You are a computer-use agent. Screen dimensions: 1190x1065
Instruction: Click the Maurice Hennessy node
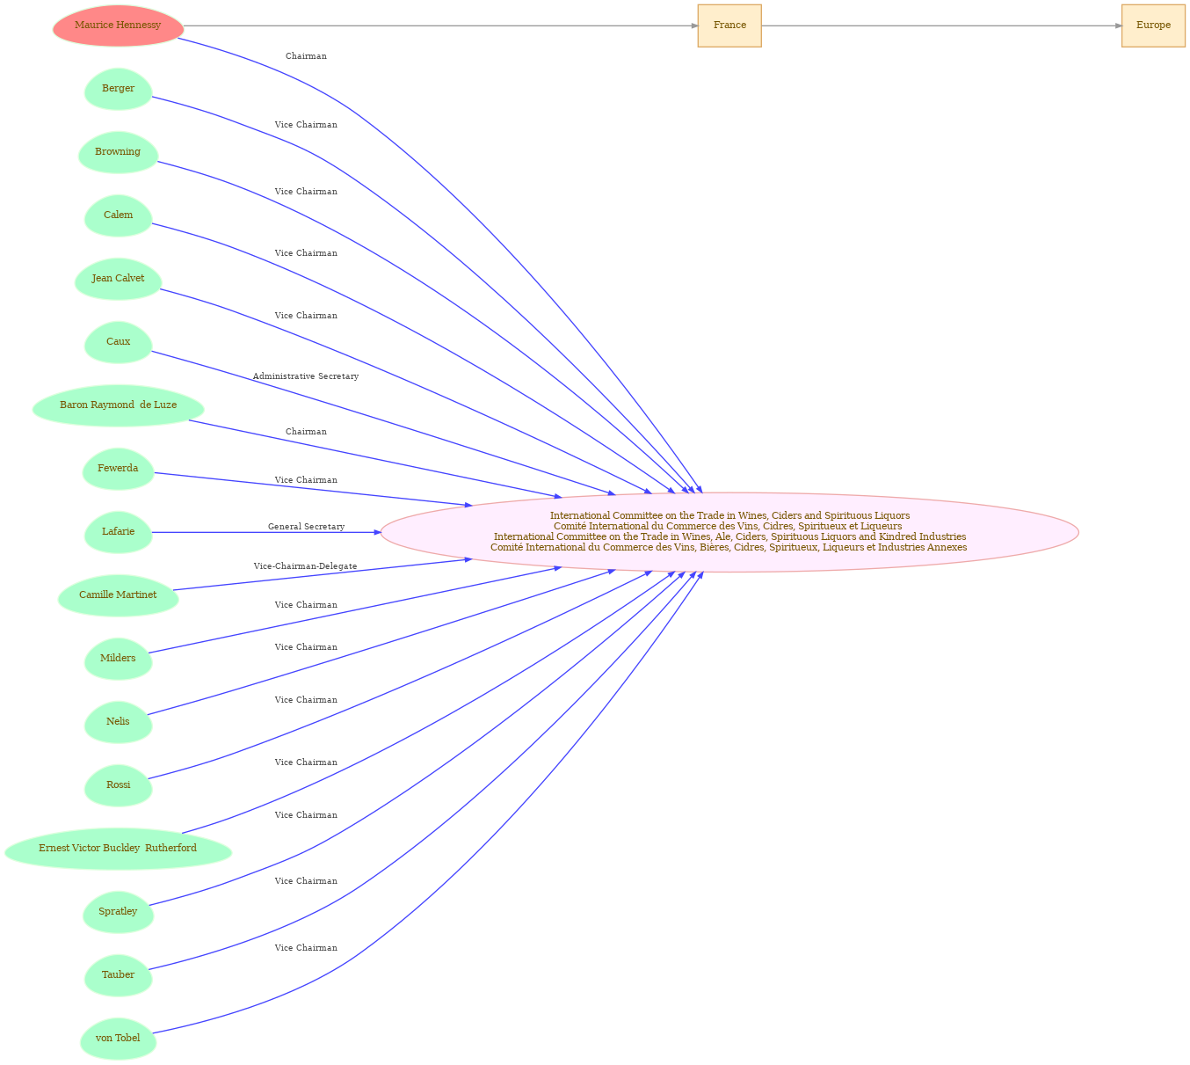(x=118, y=26)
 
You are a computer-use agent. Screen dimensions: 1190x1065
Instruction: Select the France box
(x=729, y=26)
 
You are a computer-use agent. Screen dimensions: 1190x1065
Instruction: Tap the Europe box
(x=1153, y=26)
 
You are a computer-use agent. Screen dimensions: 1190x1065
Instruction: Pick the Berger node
(x=118, y=89)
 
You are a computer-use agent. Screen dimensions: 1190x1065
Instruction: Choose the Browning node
(x=118, y=152)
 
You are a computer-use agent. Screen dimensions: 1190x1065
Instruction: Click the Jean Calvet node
(x=118, y=279)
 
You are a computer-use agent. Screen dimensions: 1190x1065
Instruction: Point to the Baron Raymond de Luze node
(x=118, y=405)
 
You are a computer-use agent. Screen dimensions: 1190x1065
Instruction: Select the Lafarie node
(x=118, y=532)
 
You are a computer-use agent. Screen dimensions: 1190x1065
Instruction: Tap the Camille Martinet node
(x=118, y=595)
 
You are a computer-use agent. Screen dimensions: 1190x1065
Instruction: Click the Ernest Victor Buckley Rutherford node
(x=118, y=849)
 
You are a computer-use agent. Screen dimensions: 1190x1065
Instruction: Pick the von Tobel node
(x=118, y=1039)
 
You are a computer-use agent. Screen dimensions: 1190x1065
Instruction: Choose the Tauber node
(x=118, y=975)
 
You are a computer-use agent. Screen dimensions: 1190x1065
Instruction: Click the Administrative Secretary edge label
(x=306, y=376)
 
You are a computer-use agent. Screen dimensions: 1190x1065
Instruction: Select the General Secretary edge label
(x=306, y=527)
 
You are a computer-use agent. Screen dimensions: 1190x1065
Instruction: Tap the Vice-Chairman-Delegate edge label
(x=306, y=566)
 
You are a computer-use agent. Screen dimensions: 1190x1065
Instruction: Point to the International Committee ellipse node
(x=729, y=532)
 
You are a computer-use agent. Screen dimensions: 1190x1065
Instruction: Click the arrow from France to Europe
(x=941, y=26)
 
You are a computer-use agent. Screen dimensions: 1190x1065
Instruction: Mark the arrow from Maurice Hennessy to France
(x=440, y=26)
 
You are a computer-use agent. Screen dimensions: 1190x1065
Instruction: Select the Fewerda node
(x=118, y=469)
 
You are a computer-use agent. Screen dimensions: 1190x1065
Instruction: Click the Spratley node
(x=118, y=912)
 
